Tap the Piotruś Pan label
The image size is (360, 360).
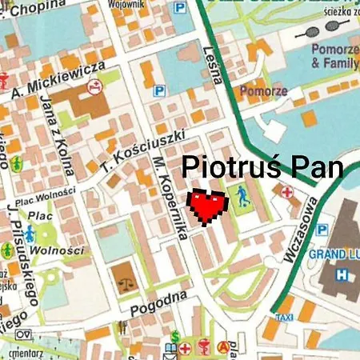[x=263, y=168]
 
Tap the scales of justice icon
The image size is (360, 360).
[x=123, y=281]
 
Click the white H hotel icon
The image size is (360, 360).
[x=342, y=274]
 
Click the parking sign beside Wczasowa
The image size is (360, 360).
[x=322, y=230]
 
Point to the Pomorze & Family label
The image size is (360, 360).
[x=334, y=54]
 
